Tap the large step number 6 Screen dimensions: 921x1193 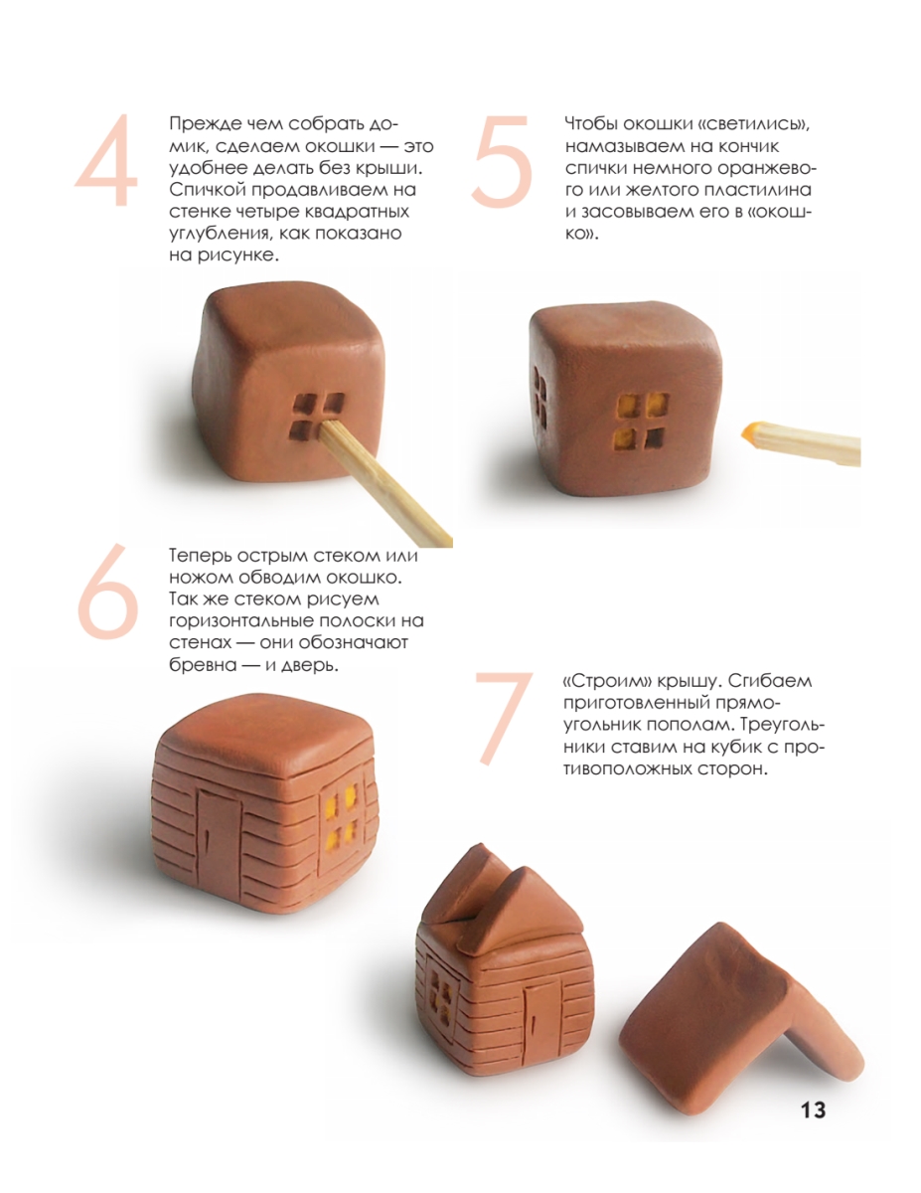point(107,592)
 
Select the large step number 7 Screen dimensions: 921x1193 point(505,718)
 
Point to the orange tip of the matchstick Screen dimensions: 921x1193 point(750,432)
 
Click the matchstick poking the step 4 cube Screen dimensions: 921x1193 point(384,479)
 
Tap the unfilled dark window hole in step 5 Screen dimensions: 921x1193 point(654,437)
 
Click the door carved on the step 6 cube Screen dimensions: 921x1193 point(219,837)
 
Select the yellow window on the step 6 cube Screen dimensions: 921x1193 point(341,819)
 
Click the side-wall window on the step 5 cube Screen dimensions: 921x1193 point(539,397)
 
